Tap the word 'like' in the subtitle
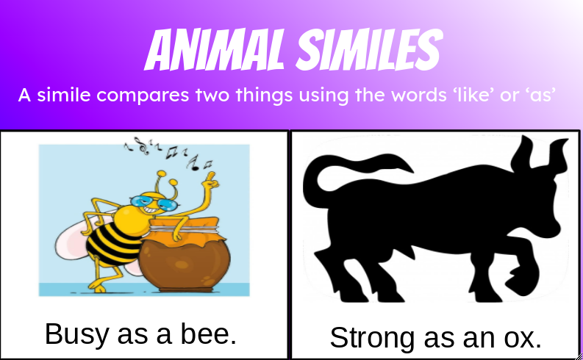click(466, 96)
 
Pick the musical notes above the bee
click(165, 151)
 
